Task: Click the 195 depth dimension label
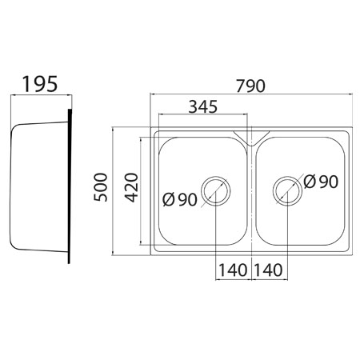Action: (x=40, y=84)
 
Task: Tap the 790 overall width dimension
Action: (x=251, y=86)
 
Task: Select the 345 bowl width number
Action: (x=203, y=106)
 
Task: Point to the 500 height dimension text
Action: (x=101, y=187)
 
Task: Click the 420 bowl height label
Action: (x=132, y=187)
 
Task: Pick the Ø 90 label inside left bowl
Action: (x=180, y=199)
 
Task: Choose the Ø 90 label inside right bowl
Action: (x=321, y=182)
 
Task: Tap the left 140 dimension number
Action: (x=233, y=270)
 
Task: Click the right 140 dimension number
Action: (x=268, y=270)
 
